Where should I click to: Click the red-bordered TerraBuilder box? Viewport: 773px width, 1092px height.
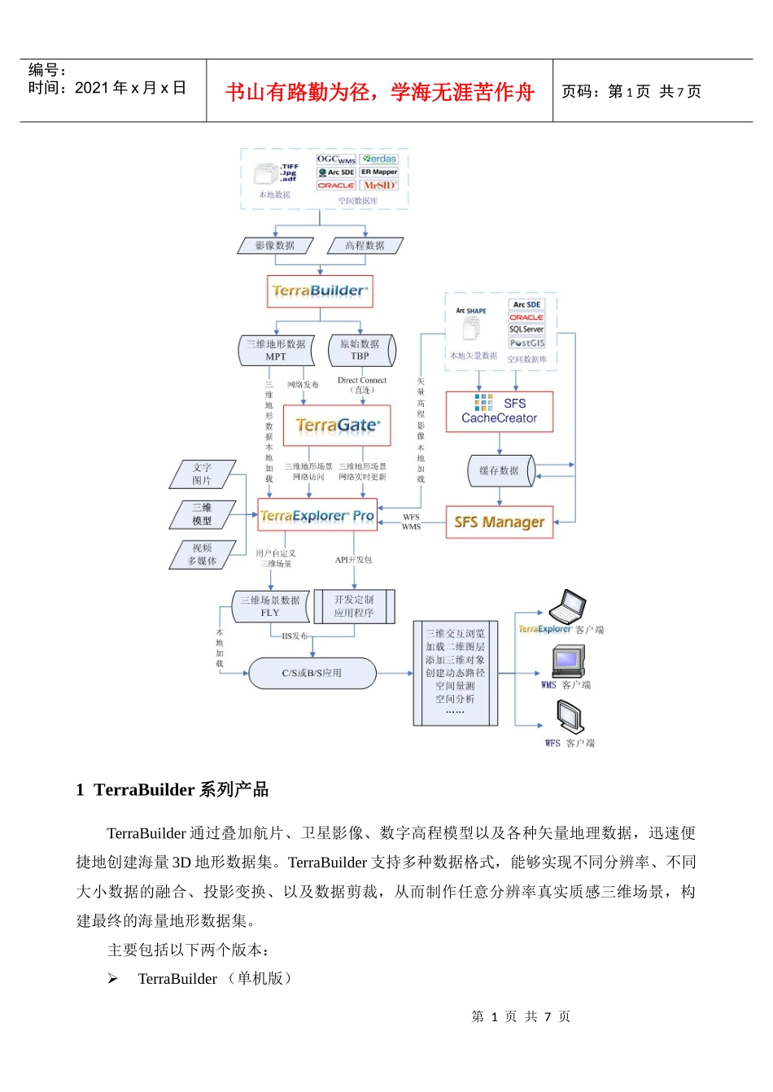[x=320, y=291]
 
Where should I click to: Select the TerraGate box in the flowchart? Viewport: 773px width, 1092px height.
[x=337, y=426]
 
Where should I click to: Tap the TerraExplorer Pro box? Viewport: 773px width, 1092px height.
[x=317, y=516]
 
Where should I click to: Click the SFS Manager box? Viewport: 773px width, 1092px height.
[x=499, y=522]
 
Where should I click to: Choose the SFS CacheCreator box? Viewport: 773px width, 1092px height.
[x=499, y=411]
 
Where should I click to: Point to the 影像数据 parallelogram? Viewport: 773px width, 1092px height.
[x=275, y=245]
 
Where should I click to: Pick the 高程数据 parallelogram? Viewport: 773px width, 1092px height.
[x=365, y=245]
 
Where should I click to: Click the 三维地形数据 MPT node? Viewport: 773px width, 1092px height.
[x=276, y=350]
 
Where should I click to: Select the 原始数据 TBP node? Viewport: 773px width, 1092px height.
[x=360, y=350]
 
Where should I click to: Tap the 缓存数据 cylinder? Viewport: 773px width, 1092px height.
[x=500, y=470]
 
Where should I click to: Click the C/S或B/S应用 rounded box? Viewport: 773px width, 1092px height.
[x=312, y=673]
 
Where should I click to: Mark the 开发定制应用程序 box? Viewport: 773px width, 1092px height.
[x=354, y=606]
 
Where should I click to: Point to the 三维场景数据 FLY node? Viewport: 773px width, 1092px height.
[x=270, y=606]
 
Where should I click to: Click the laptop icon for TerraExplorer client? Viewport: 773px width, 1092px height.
[x=567, y=607]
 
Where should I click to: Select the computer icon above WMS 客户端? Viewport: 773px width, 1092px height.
[x=567, y=661]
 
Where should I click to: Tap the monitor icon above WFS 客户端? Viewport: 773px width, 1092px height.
[x=570, y=718]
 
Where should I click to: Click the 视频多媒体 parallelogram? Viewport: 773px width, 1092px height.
[x=202, y=555]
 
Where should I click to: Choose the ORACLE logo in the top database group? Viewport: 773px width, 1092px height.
[x=336, y=186]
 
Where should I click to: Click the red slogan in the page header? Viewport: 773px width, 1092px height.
[x=379, y=92]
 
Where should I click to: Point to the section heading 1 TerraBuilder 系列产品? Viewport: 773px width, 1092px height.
[x=172, y=789]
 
